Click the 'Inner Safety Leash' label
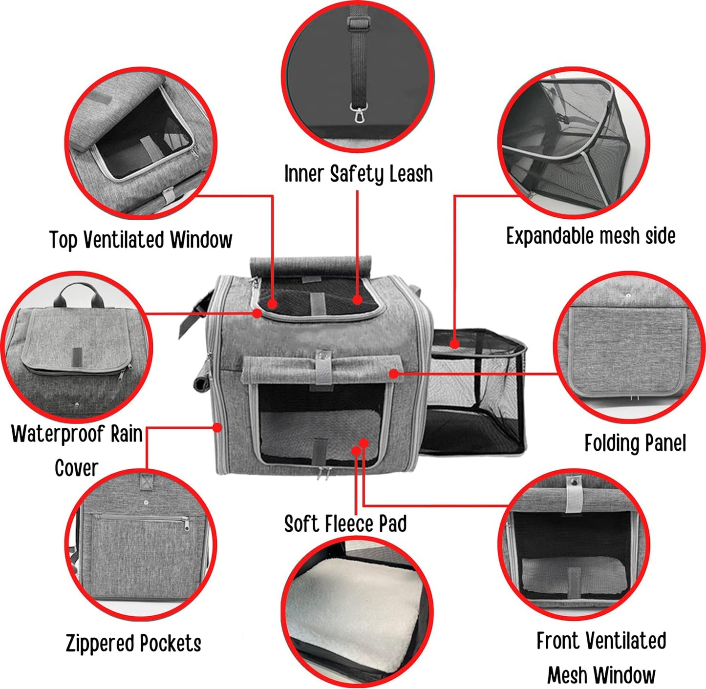click(359, 174)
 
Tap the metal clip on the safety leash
click(359, 112)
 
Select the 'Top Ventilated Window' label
click(141, 240)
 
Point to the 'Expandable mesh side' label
click(591, 236)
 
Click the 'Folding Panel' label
click(635, 443)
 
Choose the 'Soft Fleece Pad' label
click(345, 523)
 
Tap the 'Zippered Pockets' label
click(133, 643)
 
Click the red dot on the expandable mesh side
click(454, 343)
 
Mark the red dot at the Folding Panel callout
click(394, 373)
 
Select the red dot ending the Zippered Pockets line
click(217, 428)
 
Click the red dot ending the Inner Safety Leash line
click(357, 299)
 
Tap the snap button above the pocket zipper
click(146, 502)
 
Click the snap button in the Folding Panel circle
click(628, 296)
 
